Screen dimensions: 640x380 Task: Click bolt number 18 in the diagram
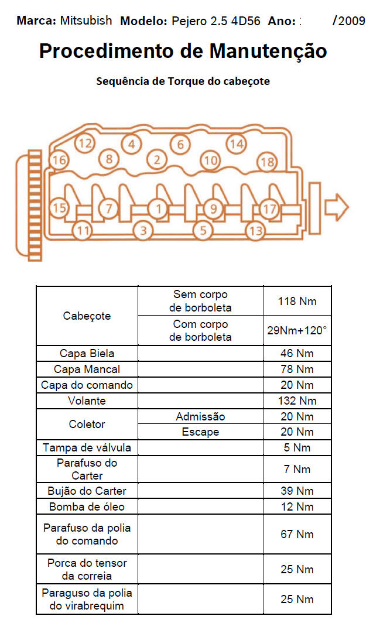click(x=267, y=162)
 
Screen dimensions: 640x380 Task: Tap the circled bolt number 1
click(x=157, y=207)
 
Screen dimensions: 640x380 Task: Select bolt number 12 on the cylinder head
click(x=85, y=142)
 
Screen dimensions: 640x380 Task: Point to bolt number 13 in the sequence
click(x=256, y=230)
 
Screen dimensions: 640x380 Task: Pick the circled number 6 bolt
click(x=180, y=144)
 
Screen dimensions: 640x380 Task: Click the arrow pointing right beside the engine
click(x=336, y=207)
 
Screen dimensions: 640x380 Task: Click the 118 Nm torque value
click(x=297, y=302)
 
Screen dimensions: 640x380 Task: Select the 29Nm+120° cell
click(x=297, y=330)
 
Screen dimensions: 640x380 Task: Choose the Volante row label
click(x=87, y=401)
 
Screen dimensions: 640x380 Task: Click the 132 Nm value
click(x=297, y=401)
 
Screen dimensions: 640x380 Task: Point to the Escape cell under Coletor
click(x=200, y=432)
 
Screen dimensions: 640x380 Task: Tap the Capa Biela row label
click(x=87, y=354)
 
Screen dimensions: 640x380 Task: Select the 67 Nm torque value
click(x=297, y=534)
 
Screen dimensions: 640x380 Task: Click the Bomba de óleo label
click(x=87, y=506)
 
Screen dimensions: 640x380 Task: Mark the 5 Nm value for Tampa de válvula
click(x=297, y=448)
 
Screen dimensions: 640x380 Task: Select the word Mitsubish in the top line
click(x=86, y=20)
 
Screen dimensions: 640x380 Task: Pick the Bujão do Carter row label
click(x=87, y=491)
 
